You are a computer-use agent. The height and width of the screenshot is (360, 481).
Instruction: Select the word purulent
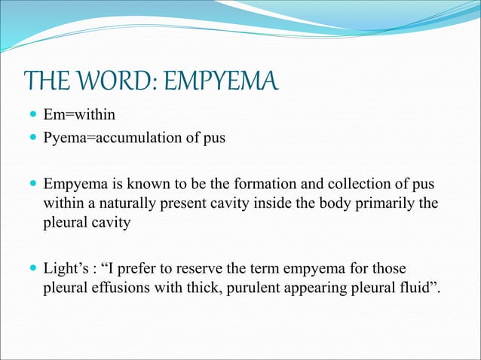pyautogui.click(x=236, y=288)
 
